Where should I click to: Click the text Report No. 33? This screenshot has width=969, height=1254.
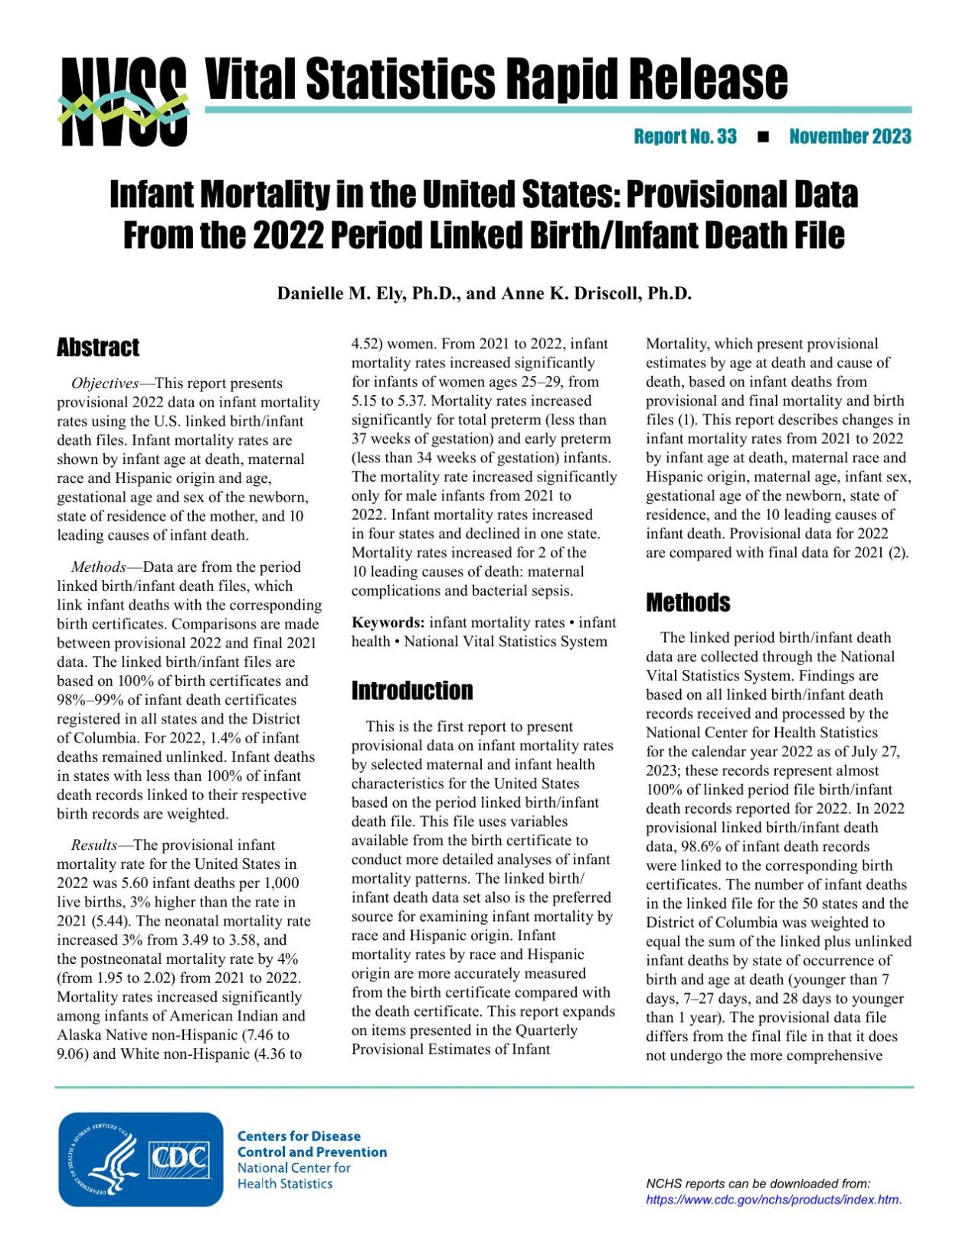point(685,137)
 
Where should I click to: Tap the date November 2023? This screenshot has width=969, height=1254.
point(850,137)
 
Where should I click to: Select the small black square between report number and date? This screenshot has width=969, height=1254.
point(762,138)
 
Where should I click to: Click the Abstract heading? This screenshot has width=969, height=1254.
point(98,348)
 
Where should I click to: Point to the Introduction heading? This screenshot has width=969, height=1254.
point(411,691)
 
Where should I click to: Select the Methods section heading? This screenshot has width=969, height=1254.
point(687,603)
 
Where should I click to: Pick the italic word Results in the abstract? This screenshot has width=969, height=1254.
point(93,845)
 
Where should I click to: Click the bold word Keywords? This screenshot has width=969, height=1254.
point(388,623)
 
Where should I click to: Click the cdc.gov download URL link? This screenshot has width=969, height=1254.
point(773,1200)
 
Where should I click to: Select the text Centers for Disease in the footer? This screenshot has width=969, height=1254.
point(299,1136)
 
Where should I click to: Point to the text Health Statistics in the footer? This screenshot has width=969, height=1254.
point(285,1184)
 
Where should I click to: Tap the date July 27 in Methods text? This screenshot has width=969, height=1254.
point(874,752)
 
